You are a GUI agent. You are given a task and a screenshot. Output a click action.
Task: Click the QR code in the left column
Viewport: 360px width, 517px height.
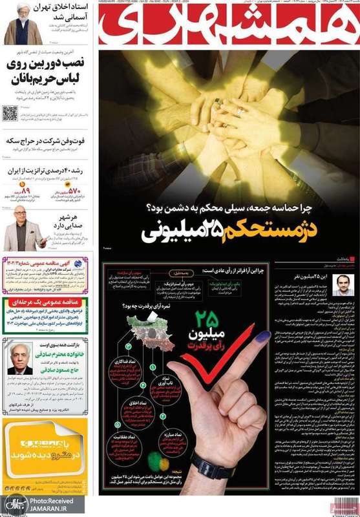pos(9,113)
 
